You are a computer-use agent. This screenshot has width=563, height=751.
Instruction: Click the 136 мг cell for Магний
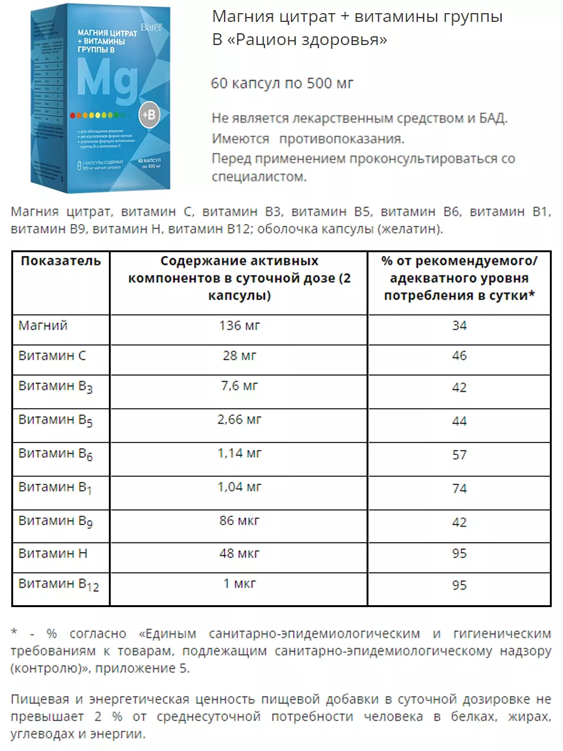pyautogui.click(x=239, y=325)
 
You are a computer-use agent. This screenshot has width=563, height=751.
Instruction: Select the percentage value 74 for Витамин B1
pyautogui.click(x=459, y=488)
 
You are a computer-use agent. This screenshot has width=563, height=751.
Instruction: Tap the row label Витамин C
pyautogui.click(x=53, y=355)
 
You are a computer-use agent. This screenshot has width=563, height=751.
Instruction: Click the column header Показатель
pyautogui.click(x=61, y=261)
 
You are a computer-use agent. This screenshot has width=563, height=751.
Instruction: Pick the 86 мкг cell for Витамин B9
pyautogui.click(x=239, y=521)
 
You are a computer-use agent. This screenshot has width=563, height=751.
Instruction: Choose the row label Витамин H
pyautogui.click(x=53, y=553)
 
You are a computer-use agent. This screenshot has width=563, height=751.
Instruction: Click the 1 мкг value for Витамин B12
pyautogui.click(x=239, y=585)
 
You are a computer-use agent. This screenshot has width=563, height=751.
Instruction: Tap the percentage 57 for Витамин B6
pyautogui.click(x=459, y=455)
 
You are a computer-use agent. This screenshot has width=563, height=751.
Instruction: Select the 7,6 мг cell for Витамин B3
pyautogui.click(x=239, y=386)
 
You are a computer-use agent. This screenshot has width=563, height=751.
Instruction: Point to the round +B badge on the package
pyautogui.click(x=151, y=116)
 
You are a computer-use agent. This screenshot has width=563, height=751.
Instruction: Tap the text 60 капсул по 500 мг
pyautogui.click(x=283, y=83)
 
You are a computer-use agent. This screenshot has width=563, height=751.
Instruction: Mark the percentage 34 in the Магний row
pyautogui.click(x=459, y=325)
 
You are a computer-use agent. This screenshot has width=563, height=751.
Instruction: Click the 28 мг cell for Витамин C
pyautogui.click(x=239, y=355)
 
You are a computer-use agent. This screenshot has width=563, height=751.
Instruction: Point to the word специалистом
pyautogui.click(x=260, y=177)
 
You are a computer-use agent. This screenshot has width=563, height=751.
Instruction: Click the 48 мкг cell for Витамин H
pyautogui.click(x=239, y=553)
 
